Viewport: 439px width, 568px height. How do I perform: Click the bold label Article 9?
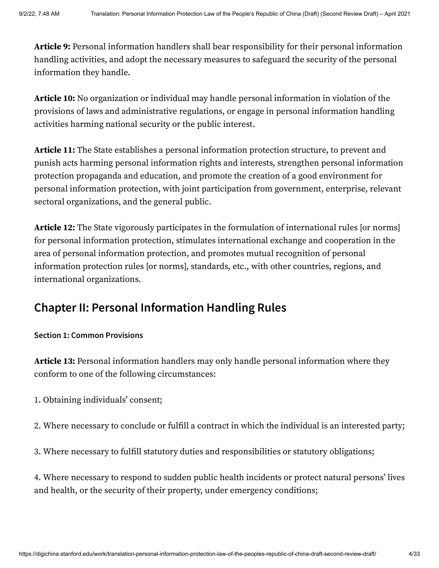click(x=52, y=47)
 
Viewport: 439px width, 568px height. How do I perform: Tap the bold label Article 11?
click(x=55, y=150)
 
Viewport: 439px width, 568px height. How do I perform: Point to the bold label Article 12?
click(x=55, y=228)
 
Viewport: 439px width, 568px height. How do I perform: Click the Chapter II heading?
click(x=160, y=308)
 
